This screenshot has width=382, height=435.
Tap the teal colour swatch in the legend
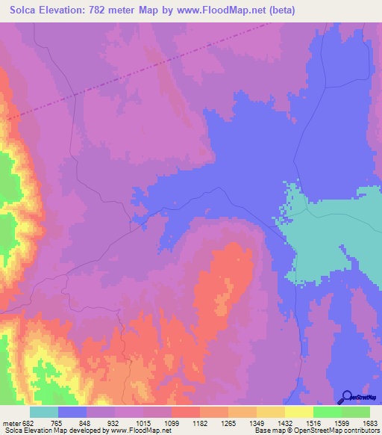[44, 413]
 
